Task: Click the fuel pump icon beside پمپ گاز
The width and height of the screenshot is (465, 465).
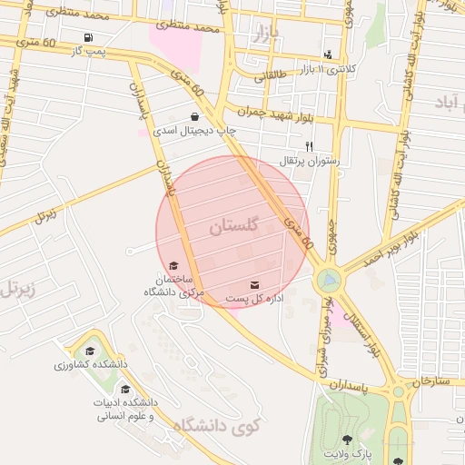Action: click(88, 37)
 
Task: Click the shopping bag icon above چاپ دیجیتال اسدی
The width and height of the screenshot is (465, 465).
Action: click(195, 116)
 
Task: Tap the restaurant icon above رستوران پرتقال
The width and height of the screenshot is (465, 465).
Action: click(309, 145)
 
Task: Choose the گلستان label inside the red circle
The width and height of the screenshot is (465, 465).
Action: click(233, 226)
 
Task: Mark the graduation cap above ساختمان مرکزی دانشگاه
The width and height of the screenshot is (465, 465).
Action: click(173, 265)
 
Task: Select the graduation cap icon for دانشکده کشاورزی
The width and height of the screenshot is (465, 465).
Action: click(89, 351)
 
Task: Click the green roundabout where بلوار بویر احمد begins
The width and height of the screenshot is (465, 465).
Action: click(328, 279)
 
